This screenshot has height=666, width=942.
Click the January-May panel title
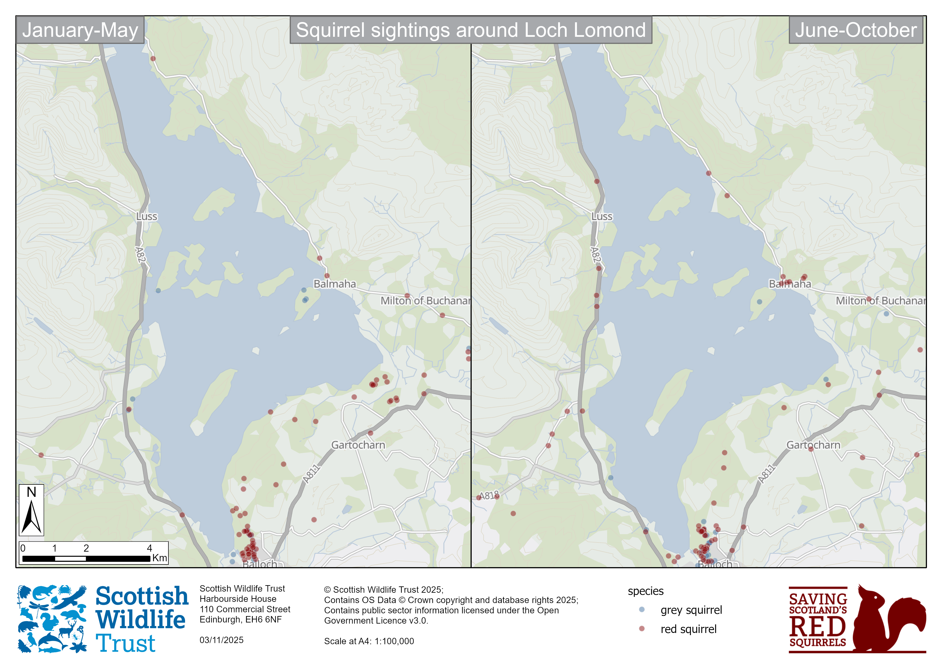point(80,30)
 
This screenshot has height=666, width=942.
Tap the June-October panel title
point(856,30)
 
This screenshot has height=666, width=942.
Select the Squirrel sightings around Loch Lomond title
point(471,30)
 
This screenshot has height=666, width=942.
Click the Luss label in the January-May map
point(146,216)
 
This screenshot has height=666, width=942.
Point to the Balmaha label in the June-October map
point(789,284)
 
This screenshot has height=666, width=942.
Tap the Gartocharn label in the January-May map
point(358,445)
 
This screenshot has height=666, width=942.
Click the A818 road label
point(489,495)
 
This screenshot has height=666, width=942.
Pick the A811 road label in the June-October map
point(766,474)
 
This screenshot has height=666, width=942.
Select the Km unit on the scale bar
point(159,558)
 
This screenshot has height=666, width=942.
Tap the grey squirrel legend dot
point(642,609)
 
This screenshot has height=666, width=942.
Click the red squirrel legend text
point(688,629)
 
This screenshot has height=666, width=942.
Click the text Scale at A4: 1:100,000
point(369,641)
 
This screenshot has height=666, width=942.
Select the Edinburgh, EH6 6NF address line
point(240,619)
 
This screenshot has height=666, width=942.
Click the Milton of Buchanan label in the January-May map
point(425,301)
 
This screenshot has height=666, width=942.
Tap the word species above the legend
point(645,591)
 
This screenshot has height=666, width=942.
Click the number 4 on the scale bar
point(149,548)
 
